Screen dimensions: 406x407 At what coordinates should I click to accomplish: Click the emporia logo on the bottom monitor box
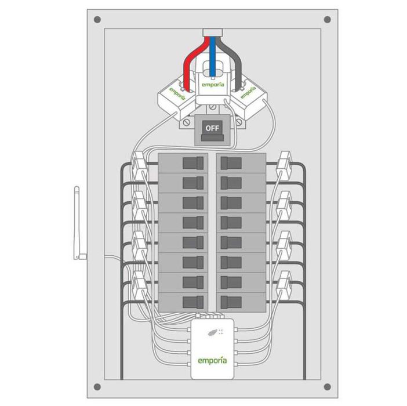click(x=212, y=361)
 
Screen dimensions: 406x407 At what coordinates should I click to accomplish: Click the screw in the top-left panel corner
click(x=97, y=20)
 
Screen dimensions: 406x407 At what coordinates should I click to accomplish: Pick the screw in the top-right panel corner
click(x=327, y=20)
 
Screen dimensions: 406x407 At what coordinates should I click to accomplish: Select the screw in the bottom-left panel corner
click(x=97, y=386)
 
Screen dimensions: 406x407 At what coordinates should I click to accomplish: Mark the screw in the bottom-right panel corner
click(x=327, y=386)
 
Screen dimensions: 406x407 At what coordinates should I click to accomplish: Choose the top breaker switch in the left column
click(x=194, y=162)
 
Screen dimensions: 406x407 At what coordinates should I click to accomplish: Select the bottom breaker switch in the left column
click(x=194, y=302)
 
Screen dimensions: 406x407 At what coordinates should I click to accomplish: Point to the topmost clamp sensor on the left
click(x=140, y=162)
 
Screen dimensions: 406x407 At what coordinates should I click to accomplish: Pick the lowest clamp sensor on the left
click(x=140, y=283)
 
